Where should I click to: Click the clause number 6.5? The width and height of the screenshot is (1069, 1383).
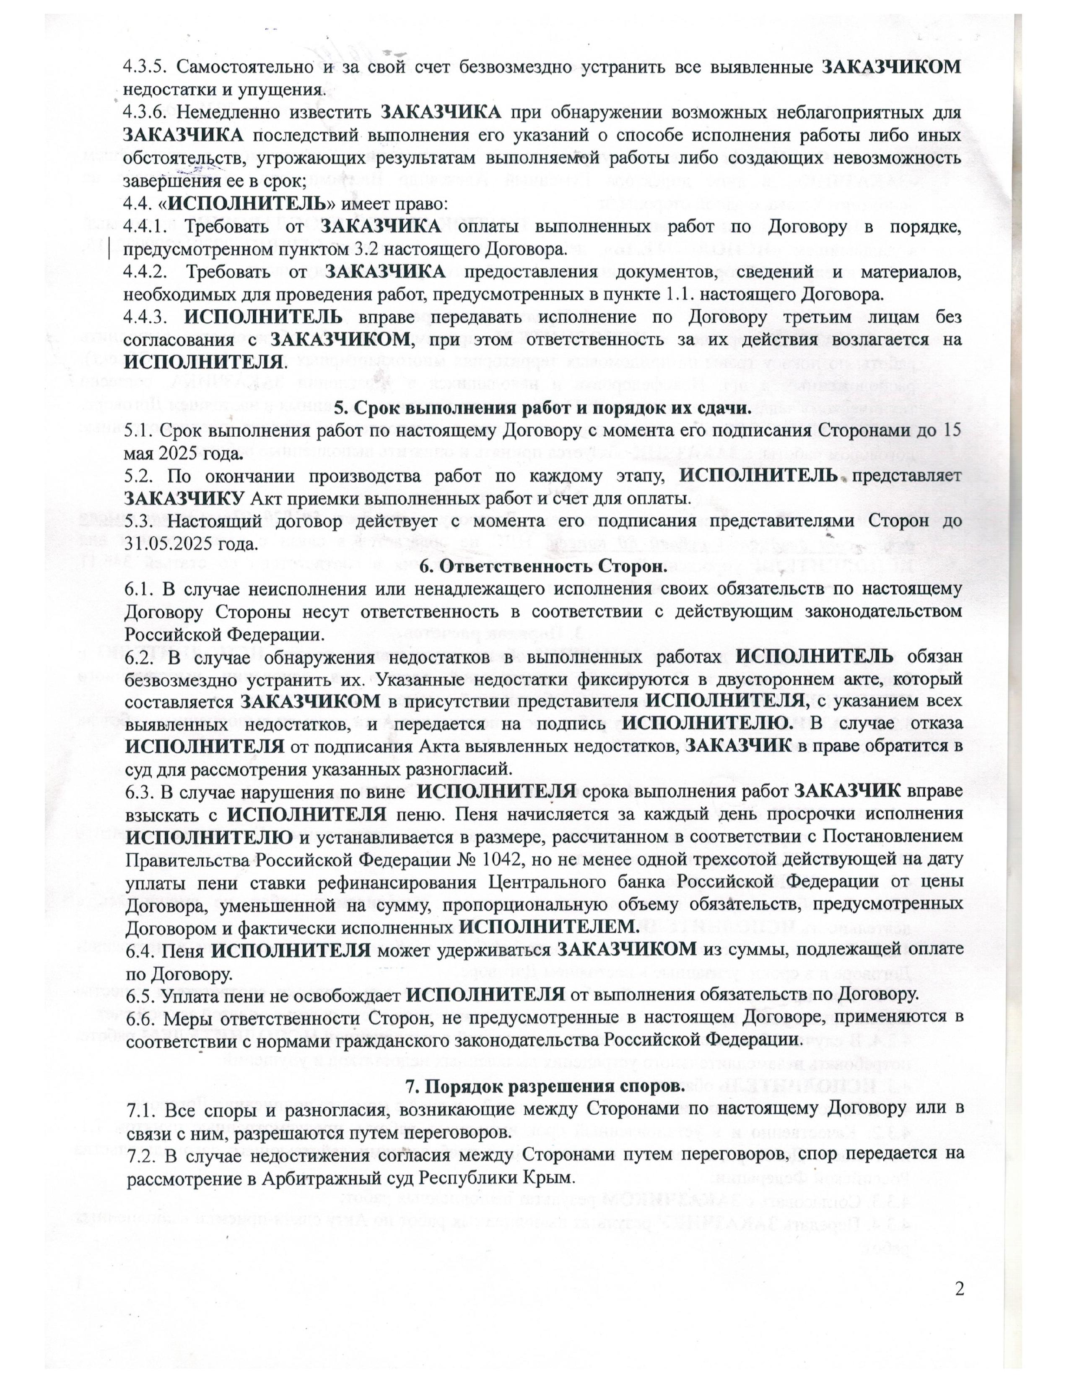pyautogui.click(x=139, y=995)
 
